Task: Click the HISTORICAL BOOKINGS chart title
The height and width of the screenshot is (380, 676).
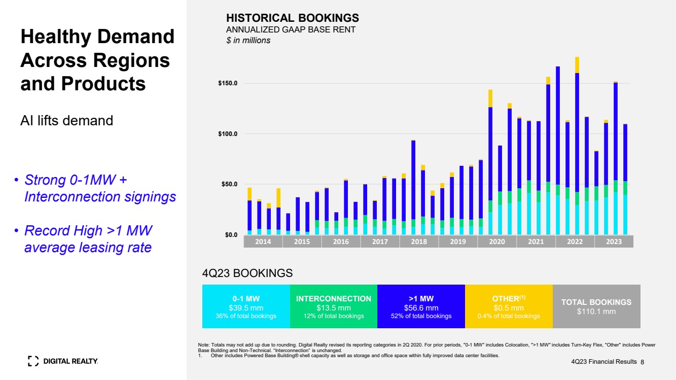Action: [x=292, y=18]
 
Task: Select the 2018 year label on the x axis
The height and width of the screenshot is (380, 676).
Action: [x=419, y=241]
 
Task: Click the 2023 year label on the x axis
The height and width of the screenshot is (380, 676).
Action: [x=614, y=241]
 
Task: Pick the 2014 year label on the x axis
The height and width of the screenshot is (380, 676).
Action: [x=263, y=241]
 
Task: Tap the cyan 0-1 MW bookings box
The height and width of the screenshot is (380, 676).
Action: [x=246, y=306]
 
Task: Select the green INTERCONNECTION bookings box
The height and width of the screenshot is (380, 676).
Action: [x=333, y=306]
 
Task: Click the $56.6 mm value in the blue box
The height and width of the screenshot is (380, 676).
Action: [x=421, y=307]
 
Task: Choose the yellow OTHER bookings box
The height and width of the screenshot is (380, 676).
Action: [x=509, y=306]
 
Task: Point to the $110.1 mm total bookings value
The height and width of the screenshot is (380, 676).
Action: [x=596, y=312]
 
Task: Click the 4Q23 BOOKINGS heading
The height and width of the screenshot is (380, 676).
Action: [x=247, y=273]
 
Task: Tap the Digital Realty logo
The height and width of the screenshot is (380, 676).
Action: [x=63, y=361]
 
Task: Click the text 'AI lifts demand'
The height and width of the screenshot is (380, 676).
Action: [x=66, y=121]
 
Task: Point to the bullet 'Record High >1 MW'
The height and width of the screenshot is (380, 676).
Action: [x=88, y=231]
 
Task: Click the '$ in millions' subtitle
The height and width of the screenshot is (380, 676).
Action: [x=248, y=41]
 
